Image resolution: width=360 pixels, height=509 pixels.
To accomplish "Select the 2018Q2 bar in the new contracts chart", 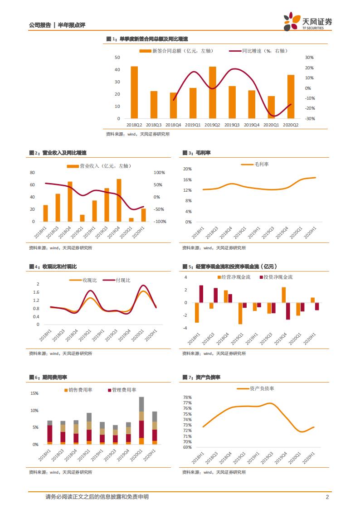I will click(x=134, y=92).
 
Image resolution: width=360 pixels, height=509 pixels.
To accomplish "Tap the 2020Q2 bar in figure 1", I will click(x=291, y=97).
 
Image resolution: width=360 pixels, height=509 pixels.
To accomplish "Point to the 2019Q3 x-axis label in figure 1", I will click(x=232, y=125).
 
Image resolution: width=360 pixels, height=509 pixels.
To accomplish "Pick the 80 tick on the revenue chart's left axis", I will click(x=32, y=173).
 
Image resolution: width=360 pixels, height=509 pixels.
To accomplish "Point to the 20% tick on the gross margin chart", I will click(x=187, y=169).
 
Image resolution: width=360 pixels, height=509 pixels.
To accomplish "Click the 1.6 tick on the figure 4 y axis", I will click(x=37, y=292).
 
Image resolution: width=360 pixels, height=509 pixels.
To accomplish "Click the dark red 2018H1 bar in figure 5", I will click(x=201, y=294).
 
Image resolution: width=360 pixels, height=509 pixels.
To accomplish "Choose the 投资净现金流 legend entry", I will click(x=278, y=277).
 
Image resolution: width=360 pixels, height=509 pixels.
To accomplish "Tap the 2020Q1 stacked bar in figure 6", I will click(x=141, y=421).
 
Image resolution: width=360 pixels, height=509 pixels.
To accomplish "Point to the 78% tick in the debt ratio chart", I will click(x=187, y=397).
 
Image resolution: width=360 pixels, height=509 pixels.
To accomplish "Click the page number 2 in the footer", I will click(x=327, y=497).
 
